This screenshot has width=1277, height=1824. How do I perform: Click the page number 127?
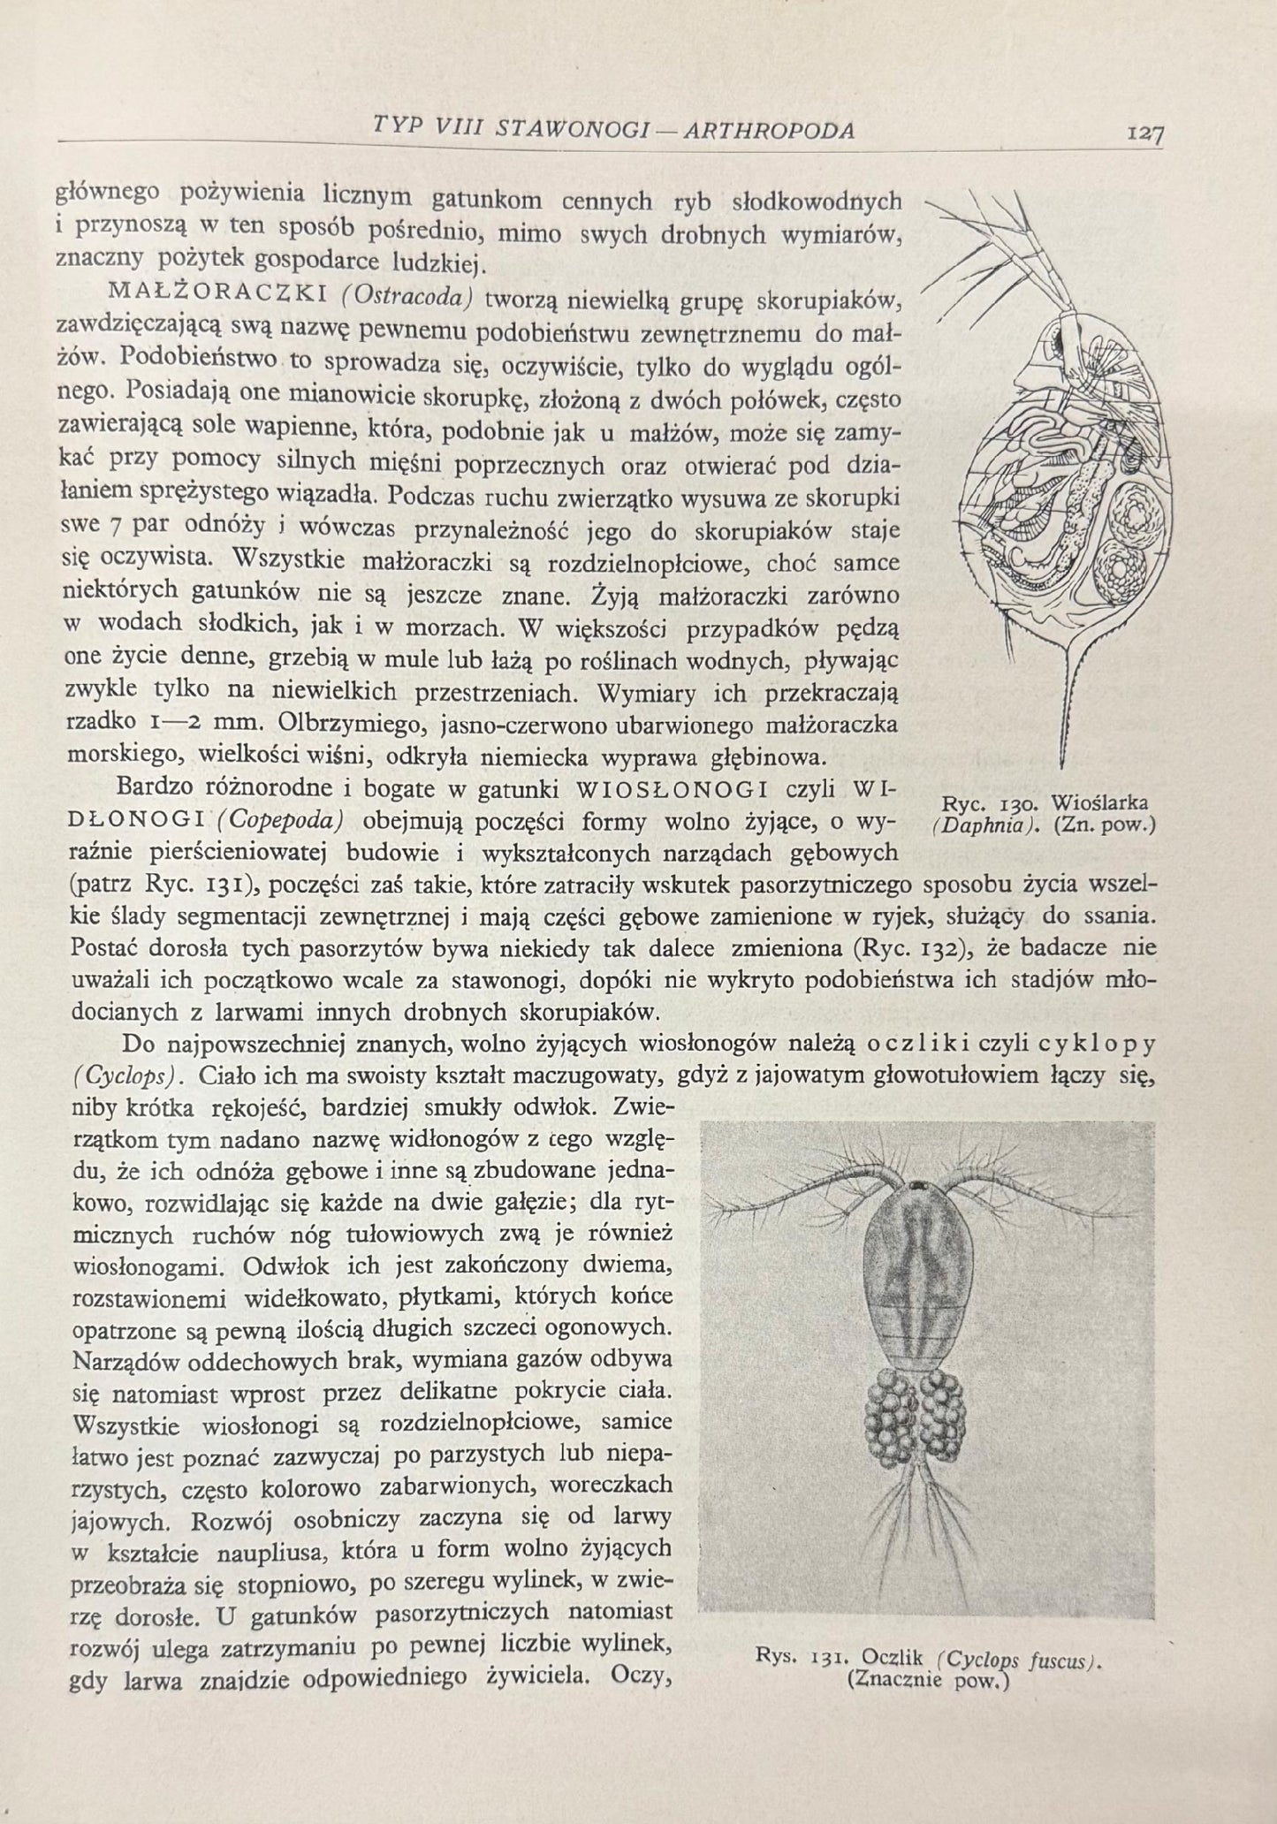[x=1144, y=133]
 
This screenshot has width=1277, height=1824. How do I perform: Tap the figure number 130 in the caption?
[x=1019, y=804]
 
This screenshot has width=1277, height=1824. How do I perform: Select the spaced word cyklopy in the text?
[x=1096, y=1045]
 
